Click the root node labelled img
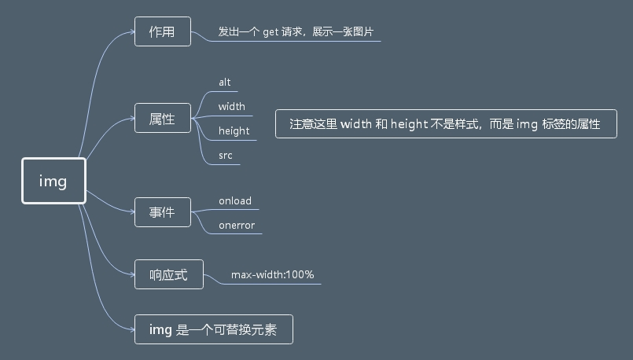click(53, 181)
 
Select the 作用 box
click(162, 32)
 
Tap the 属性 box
click(162, 119)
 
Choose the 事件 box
click(162, 211)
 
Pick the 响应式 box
click(168, 274)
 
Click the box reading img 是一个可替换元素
click(213, 329)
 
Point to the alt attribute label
click(224, 82)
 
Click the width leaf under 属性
click(231, 106)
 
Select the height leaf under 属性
click(234, 130)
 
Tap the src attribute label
click(225, 156)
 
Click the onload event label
click(234, 200)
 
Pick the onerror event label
click(236, 226)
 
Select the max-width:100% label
click(272, 274)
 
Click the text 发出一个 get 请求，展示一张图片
click(296, 32)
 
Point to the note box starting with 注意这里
click(445, 123)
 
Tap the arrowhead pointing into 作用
click(131, 32)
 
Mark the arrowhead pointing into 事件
click(131, 211)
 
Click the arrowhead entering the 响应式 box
click(131, 274)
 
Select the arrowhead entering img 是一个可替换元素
click(131, 329)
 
